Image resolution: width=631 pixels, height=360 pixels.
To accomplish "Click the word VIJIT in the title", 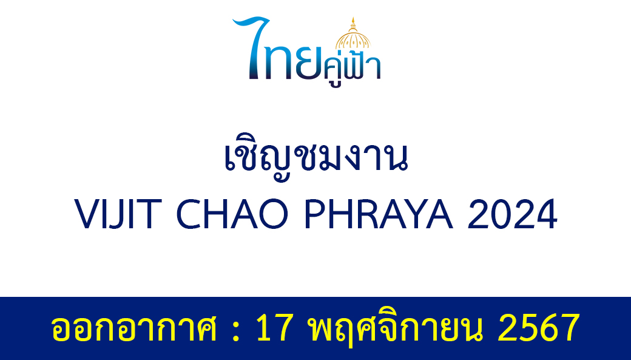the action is pyautogui.click(x=118, y=214).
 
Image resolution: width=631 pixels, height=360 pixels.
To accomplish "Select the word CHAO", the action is pyautogui.click(x=232, y=214).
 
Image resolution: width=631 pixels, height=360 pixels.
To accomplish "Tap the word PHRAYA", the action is pyautogui.click(x=379, y=214).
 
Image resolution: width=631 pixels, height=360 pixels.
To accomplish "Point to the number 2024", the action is pyautogui.click(x=512, y=214).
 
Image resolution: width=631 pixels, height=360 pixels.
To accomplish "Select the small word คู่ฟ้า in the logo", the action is pyautogui.click(x=352, y=69).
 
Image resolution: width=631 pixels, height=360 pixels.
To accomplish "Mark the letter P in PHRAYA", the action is pyautogui.click(x=316, y=214).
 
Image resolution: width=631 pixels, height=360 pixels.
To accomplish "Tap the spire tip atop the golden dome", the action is pyautogui.click(x=353, y=18).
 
